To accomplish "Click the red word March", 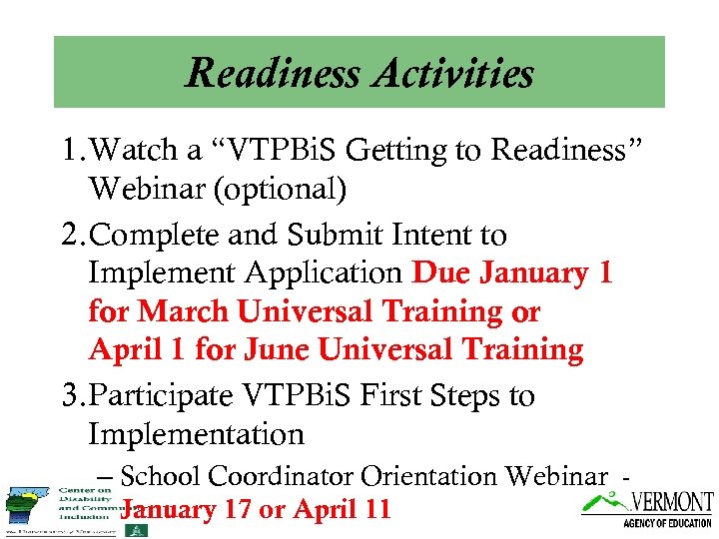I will pos(182,311).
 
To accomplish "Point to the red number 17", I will pos(236,510).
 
